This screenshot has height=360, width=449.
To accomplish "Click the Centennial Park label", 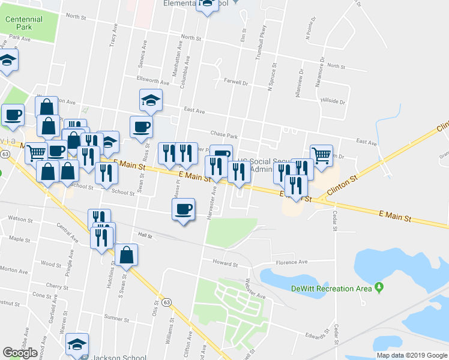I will coord(24,23).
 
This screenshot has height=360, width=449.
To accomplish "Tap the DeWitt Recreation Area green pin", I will coord(379,288).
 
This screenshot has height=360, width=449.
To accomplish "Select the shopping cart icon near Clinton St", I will coord(321,155).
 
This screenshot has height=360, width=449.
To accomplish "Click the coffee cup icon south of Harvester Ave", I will coord(184,209).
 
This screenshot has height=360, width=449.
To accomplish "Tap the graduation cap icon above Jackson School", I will coord(77,344).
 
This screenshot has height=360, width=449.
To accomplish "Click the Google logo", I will coord(20,353).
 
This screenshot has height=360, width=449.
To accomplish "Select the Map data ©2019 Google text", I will coord(412,355).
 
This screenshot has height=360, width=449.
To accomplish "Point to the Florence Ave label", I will coord(291,262).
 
